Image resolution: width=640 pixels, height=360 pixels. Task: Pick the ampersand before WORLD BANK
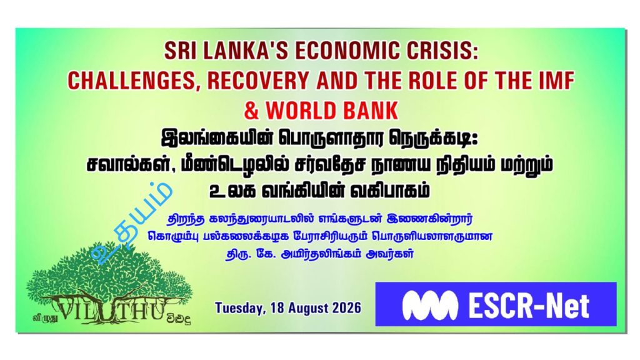coord(251,111)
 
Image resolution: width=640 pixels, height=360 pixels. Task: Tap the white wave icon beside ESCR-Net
coord(429,304)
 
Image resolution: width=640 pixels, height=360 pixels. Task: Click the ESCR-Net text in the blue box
coord(529,305)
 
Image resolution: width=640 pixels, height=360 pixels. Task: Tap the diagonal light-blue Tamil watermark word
coord(131,222)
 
